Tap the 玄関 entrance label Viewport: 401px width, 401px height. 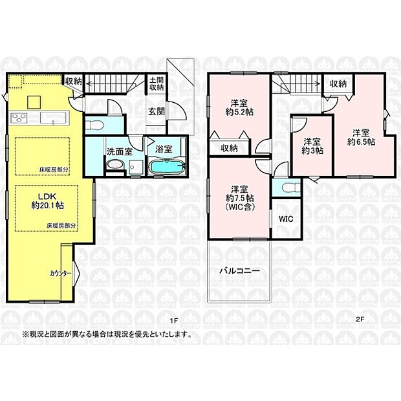point(157,111)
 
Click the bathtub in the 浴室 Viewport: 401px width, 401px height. point(166,168)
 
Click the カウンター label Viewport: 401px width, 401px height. point(61,273)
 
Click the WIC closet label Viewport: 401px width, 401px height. point(286,219)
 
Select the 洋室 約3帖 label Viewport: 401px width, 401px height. point(313,146)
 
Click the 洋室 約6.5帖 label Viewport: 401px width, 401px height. point(359,135)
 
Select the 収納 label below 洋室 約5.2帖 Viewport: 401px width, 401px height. point(228,148)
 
